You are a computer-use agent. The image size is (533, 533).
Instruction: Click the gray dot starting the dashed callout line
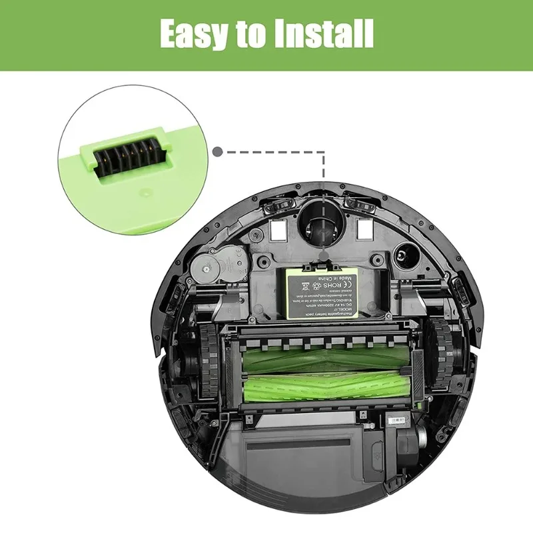(217, 152)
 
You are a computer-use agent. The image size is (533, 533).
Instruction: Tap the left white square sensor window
(280, 229)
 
